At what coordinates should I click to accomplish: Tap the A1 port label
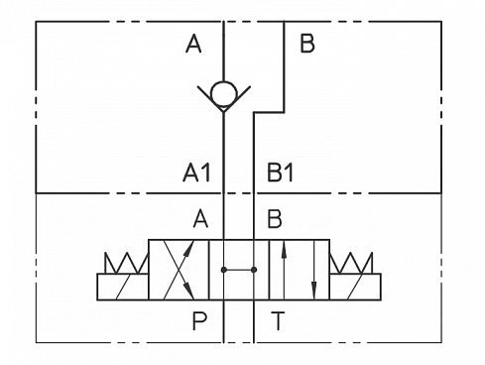[x=196, y=173]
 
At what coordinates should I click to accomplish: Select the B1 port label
[x=281, y=173]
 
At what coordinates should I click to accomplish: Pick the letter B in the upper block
[x=306, y=44]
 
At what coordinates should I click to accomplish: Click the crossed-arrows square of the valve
[x=180, y=269]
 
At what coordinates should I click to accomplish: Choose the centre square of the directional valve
[x=239, y=269]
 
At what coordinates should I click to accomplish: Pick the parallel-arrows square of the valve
[x=299, y=269]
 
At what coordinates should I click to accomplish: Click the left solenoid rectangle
[x=123, y=288]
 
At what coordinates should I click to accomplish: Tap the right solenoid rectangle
[x=355, y=288]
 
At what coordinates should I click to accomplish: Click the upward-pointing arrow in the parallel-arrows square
[x=285, y=269]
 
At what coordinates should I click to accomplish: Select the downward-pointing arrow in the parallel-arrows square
[x=313, y=269]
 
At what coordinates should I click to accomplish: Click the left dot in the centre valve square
[x=225, y=269]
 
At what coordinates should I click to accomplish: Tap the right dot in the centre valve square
[x=254, y=269]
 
